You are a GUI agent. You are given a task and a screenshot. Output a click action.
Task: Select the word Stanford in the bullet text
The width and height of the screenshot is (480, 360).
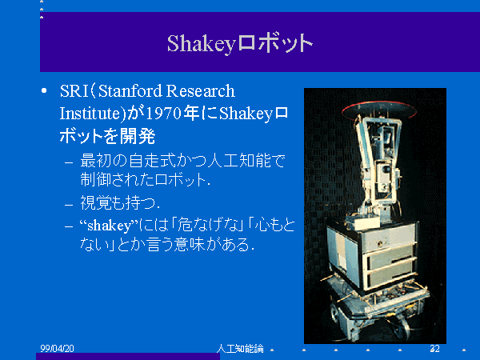[x=130, y=91]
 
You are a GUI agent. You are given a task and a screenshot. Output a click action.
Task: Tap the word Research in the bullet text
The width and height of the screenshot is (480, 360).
[x=201, y=91]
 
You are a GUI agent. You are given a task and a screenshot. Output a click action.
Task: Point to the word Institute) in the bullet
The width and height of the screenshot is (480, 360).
[x=93, y=114]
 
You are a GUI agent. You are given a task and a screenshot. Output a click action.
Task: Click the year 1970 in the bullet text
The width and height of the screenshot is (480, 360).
[x=163, y=114]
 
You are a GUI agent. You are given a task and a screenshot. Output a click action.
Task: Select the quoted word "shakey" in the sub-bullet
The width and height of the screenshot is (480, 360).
[x=110, y=226]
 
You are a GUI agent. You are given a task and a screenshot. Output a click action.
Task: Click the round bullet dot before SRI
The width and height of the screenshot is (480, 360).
[x=44, y=91]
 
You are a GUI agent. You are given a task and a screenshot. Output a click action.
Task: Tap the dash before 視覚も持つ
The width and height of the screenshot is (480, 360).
[x=69, y=205]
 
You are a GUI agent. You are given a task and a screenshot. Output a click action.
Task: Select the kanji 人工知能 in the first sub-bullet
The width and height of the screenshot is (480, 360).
[x=239, y=161]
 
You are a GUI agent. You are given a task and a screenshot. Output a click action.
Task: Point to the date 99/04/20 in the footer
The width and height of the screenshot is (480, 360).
[x=58, y=348]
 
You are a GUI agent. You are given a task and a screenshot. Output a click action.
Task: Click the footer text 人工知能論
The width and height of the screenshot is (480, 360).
[x=240, y=348]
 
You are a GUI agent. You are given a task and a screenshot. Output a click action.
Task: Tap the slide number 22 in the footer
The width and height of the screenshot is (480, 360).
[x=434, y=348]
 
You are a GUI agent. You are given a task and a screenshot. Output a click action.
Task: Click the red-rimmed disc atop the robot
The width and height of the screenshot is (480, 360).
[x=379, y=110]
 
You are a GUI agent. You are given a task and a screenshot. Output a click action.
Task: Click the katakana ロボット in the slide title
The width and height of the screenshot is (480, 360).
[x=274, y=44]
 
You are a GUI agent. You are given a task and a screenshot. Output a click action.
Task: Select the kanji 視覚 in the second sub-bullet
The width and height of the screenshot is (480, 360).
[x=95, y=203]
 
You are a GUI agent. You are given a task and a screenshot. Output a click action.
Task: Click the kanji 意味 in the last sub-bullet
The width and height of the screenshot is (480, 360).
[x=190, y=245]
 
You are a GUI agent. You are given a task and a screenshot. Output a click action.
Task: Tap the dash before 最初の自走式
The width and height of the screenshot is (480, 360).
[x=69, y=162]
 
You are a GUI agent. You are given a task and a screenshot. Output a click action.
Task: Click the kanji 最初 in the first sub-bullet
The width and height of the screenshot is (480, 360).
[x=95, y=161]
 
